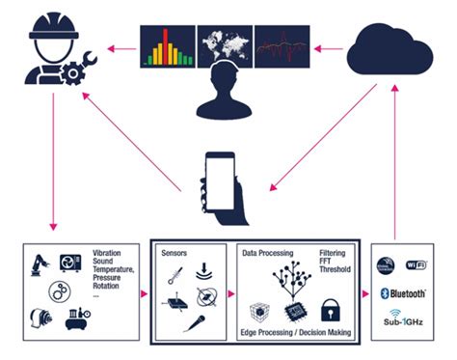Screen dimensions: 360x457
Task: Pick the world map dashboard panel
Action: coord(225,43)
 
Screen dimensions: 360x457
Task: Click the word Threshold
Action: coord(336,272)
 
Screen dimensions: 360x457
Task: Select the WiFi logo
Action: coord(418,263)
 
